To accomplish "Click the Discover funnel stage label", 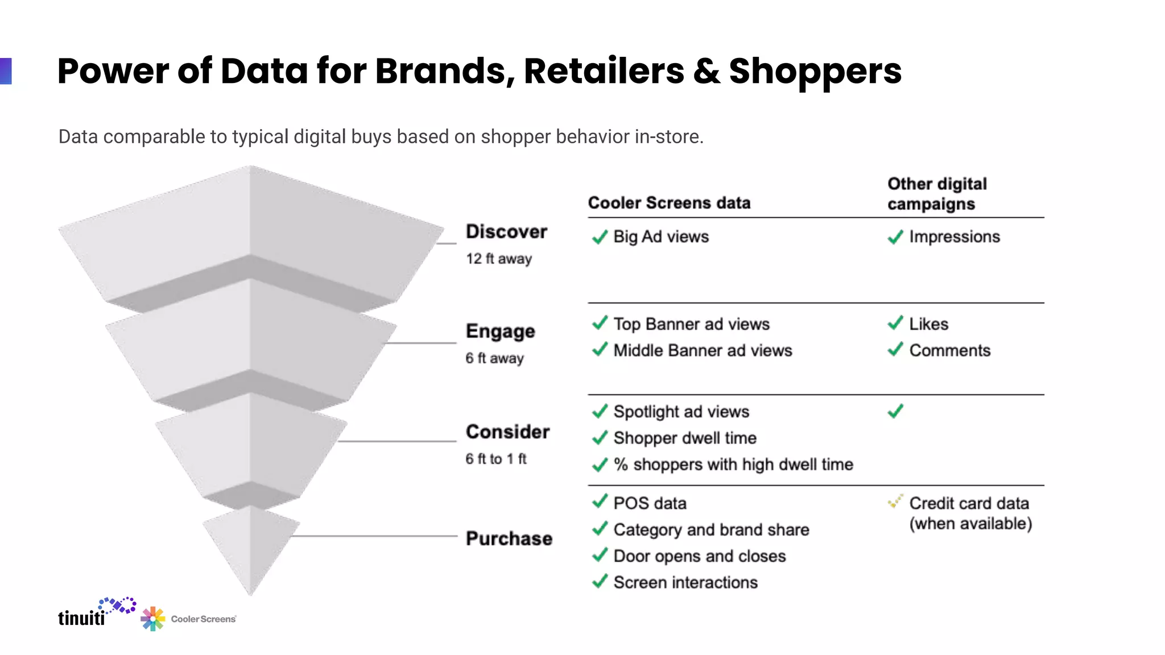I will pyautogui.click(x=506, y=232).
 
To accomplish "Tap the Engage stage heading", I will pyautogui.click(x=500, y=331).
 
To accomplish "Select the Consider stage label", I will pyautogui.click(x=507, y=432).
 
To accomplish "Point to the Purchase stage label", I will pyautogui.click(x=509, y=538).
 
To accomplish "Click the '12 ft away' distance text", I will pyautogui.click(x=499, y=259).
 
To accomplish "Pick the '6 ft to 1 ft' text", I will pyautogui.click(x=496, y=459).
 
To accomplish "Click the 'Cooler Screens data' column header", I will pyautogui.click(x=669, y=203).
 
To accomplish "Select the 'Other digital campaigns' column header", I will pyautogui.click(x=937, y=194).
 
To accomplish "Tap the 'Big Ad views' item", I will pyautogui.click(x=661, y=237).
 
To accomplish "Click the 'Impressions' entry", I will pyautogui.click(x=954, y=237).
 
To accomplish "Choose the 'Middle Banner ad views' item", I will pyautogui.click(x=703, y=350).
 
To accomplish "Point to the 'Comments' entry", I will pyautogui.click(x=949, y=350).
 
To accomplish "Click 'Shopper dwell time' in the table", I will pyautogui.click(x=685, y=438).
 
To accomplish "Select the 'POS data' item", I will pyautogui.click(x=650, y=503).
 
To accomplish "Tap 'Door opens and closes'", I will pyautogui.click(x=700, y=556).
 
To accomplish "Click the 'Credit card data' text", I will pyautogui.click(x=969, y=503).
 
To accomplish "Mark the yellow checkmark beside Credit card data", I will pyautogui.click(x=895, y=501).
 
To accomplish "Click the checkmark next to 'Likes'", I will pyautogui.click(x=895, y=323).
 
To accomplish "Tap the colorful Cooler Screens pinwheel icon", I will pyautogui.click(x=152, y=619).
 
